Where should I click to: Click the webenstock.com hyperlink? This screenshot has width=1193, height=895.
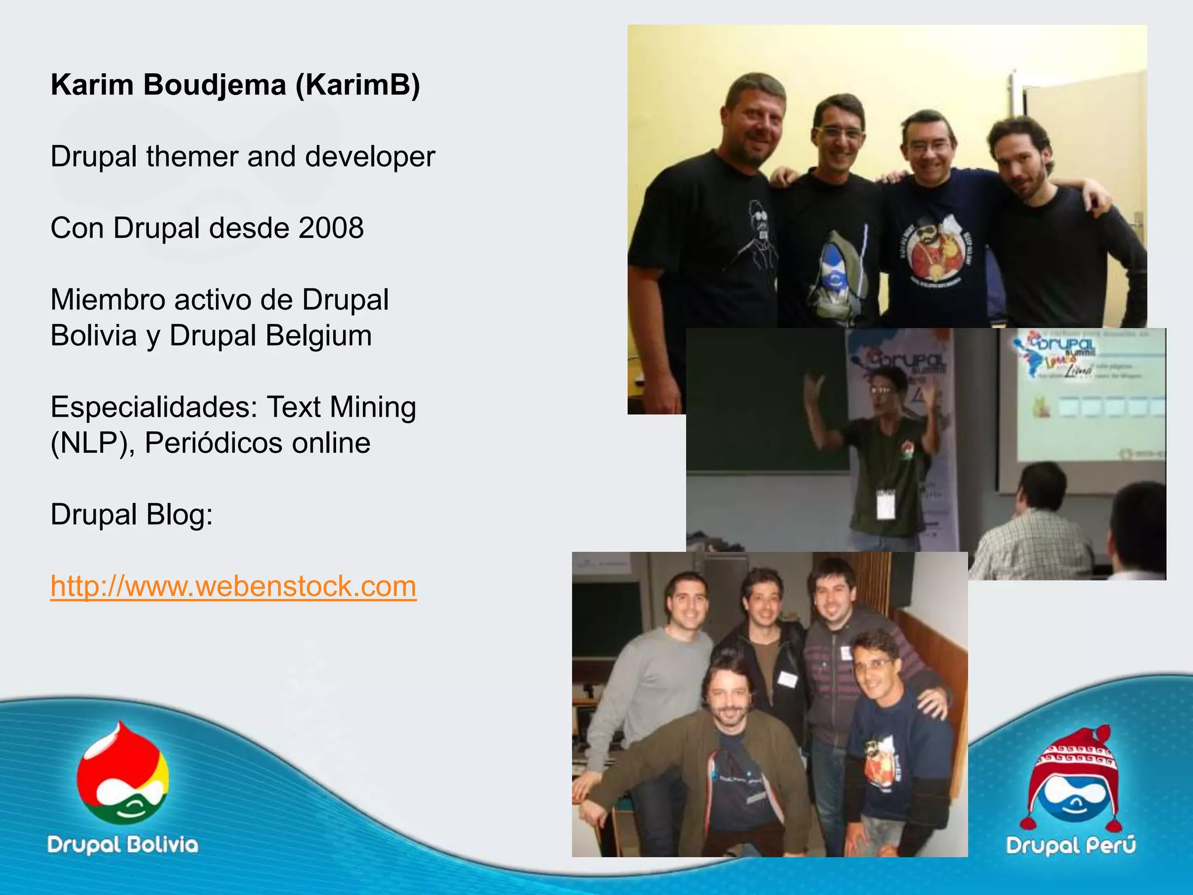point(233,586)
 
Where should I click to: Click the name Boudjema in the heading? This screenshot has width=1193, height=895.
point(214,85)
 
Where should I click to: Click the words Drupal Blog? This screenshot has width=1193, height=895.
point(132,515)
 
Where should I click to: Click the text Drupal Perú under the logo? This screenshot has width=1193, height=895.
point(1071,845)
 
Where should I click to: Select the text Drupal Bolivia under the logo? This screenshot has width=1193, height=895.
point(122,845)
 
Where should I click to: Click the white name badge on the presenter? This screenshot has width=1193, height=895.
point(885,505)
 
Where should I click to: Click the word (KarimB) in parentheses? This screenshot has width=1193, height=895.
point(358,85)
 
